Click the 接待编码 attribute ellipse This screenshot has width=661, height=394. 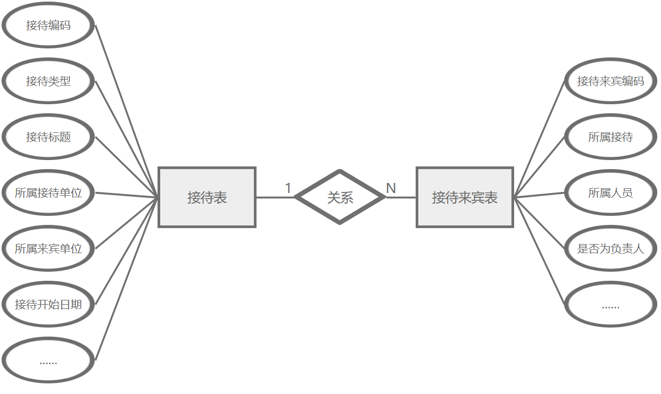[48, 25]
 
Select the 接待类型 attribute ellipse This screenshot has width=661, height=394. [48, 81]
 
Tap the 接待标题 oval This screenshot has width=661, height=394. [48, 137]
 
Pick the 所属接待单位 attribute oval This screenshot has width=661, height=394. [48, 192]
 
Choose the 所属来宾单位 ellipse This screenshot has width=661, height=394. [48, 248]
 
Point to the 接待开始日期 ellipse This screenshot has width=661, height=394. [48, 304]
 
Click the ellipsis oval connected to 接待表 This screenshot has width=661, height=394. [48, 360]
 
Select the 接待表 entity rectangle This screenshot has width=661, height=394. [207, 197]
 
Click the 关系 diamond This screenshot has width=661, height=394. [340, 197]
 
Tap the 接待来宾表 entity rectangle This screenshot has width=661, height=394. [465, 197]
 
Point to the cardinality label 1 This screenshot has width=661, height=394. [288, 188]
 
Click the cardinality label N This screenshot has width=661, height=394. [391, 188]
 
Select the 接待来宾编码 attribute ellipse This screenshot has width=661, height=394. [610, 81]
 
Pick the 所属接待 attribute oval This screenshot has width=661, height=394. [610, 137]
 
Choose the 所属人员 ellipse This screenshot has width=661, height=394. [610, 192]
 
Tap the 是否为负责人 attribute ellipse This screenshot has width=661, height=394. [610, 248]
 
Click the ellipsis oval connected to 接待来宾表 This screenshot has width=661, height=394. [610, 304]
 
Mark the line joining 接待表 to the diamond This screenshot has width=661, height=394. [275, 197]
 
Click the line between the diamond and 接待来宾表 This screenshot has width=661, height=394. [401, 197]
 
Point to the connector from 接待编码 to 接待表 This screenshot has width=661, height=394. [127, 111]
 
